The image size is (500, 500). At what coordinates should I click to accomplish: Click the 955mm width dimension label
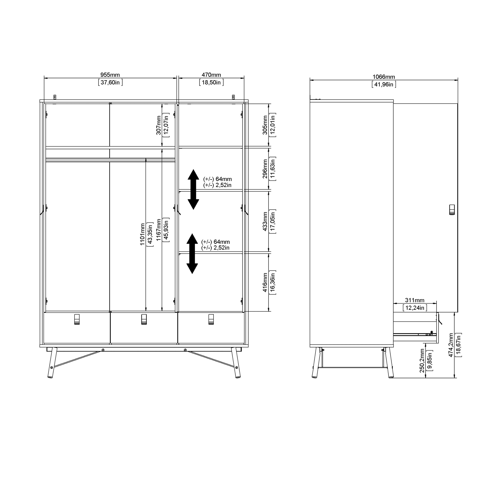[110, 75]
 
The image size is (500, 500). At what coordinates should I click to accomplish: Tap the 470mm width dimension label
[211, 75]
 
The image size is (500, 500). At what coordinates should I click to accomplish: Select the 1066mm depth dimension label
[383, 77]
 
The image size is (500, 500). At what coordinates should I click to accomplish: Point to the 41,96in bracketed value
[383, 84]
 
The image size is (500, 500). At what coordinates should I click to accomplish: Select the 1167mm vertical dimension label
[158, 230]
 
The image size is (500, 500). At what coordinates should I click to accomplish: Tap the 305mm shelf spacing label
[265, 125]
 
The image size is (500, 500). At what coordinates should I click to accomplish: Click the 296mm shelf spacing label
[265, 169]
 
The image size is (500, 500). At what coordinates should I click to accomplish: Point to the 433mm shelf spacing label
[265, 221]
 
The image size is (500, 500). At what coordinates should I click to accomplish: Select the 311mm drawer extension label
[415, 300]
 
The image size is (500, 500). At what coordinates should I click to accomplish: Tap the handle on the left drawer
[77, 319]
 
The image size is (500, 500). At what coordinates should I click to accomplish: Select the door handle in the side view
[452, 210]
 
